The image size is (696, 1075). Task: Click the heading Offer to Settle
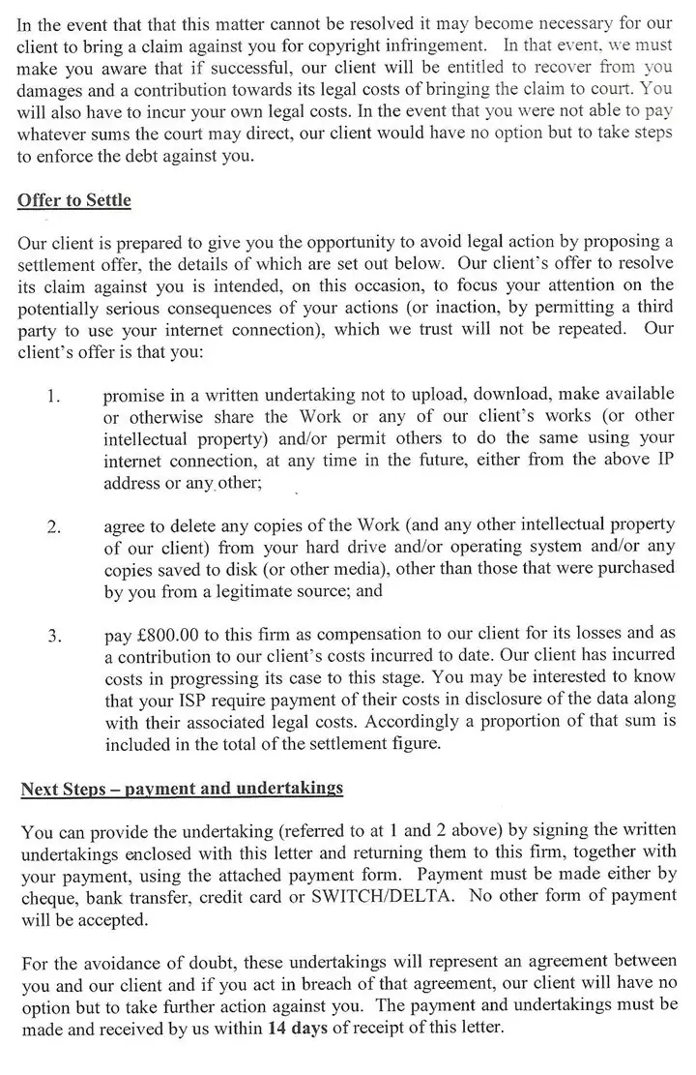click(x=74, y=201)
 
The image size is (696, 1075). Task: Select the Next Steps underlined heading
click(x=182, y=788)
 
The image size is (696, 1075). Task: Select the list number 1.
click(x=53, y=398)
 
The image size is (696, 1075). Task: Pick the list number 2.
click(x=54, y=527)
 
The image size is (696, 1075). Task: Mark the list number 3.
click(x=54, y=637)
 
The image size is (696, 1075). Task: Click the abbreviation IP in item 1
click(x=664, y=461)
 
